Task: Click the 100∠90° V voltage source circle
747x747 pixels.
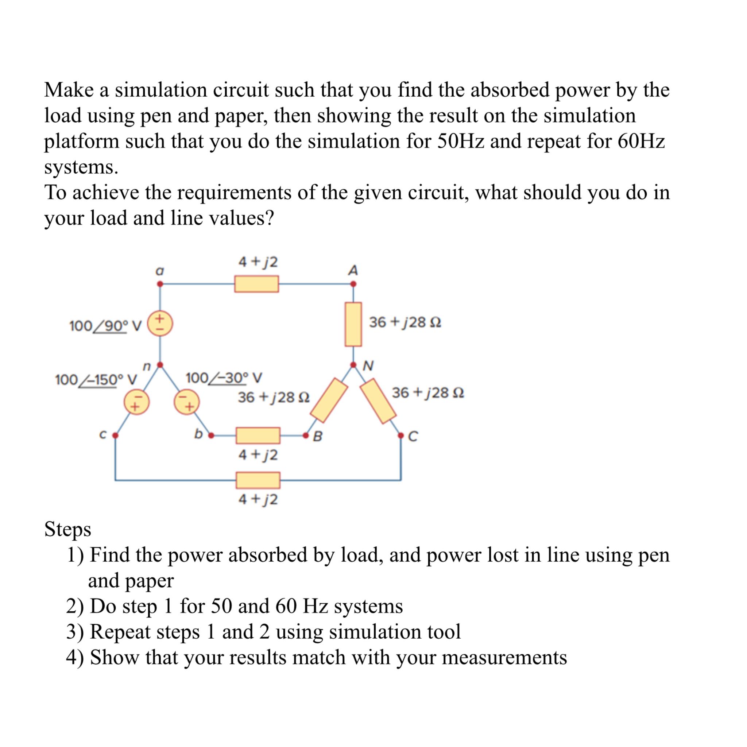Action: coord(160,324)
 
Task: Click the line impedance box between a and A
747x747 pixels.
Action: coord(256,284)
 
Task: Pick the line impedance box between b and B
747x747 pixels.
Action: coord(258,436)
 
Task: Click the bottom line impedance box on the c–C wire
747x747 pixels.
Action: coord(258,480)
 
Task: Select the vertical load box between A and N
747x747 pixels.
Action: coord(353,324)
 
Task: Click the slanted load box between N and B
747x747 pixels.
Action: coord(329,400)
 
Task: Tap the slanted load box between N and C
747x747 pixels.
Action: coord(379,401)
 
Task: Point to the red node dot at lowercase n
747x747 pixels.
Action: coord(160,365)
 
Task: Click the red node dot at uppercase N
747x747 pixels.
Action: coord(353,365)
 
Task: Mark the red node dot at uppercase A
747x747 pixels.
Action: coord(353,284)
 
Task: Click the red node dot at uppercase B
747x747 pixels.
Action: coord(306,436)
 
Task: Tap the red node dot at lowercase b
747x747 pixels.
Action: coord(211,436)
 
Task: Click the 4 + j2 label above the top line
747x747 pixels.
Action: coord(258,262)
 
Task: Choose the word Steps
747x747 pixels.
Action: coord(68,529)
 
